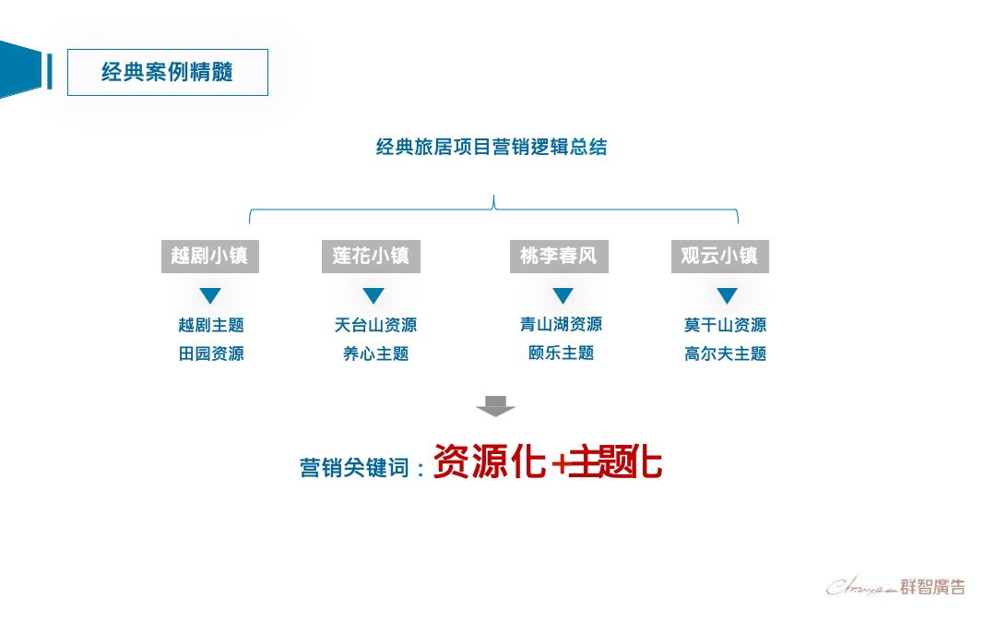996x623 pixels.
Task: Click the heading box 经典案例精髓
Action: pos(167,73)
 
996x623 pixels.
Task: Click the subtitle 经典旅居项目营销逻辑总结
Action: pos(492,147)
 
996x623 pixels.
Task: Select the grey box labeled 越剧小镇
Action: pos(210,256)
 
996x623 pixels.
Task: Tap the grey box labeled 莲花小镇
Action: pos(371,256)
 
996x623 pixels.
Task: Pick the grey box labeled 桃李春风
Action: pos(559,256)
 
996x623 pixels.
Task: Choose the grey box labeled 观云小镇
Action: pos(719,256)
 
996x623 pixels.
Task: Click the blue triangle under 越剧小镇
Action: pos(210,295)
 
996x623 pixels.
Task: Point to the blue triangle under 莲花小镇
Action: pos(373,295)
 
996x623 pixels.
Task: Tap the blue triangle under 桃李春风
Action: pos(563,295)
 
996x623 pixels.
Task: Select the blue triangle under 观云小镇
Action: pos(727,295)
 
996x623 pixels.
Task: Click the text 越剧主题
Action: pos(211,325)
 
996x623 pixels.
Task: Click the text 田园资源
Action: pos(211,353)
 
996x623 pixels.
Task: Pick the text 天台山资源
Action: pos(375,325)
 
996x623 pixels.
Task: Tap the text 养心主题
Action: pos(375,353)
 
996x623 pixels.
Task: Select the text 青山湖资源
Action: pos(561,324)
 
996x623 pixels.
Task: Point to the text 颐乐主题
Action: pos(561,353)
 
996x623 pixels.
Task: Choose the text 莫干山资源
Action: pos(725,325)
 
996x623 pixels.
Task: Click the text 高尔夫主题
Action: pos(725,353)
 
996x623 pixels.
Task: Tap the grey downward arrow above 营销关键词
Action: pos(495,405)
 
